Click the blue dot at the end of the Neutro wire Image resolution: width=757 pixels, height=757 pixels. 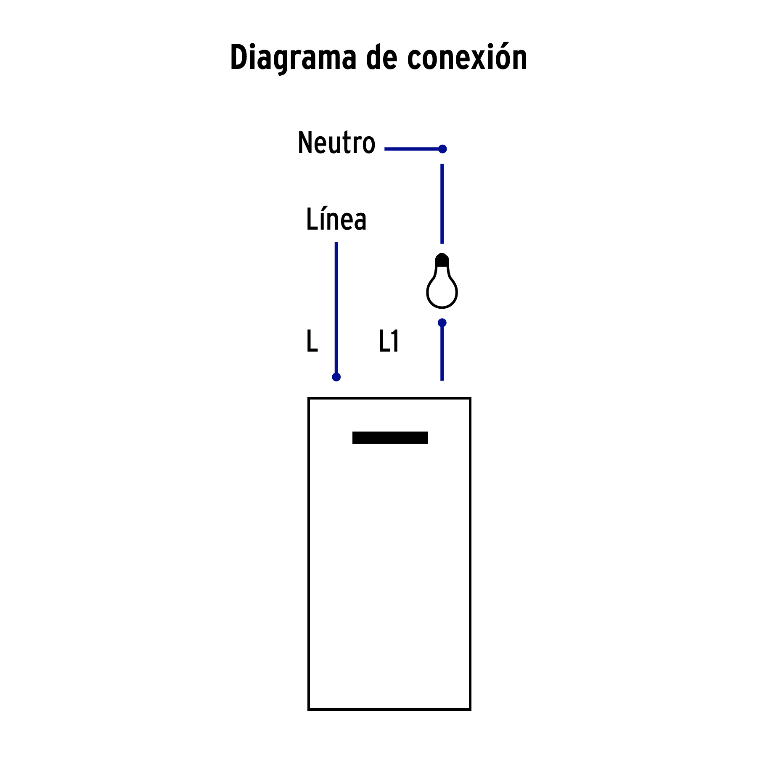tap(442, 149)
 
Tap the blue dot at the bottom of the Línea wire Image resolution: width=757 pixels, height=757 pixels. tap(336, 377)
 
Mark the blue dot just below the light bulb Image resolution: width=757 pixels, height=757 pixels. tap(442, 323)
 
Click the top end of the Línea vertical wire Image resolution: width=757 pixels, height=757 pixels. tap(336, 242)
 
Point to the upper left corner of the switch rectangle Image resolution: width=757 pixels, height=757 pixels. tap(309, 398)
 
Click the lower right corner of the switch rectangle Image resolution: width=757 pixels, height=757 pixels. tap(470, 709)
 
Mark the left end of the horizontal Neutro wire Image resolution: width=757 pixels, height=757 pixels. tap(385, 149)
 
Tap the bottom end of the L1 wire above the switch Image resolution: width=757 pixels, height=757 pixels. tap(442, 380)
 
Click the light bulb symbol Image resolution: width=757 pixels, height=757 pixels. tap(442, 281)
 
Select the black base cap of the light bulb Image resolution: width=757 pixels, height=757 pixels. tap(442, 260)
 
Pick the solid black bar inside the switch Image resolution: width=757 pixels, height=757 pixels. tap(390, 437)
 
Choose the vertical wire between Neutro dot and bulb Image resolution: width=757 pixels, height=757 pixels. tap(442, 204)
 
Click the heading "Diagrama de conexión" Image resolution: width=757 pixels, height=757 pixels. tap(378, 58)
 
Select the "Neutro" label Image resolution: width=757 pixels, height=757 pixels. tap(336, 143)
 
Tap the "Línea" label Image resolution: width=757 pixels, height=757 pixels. tap(336, 218)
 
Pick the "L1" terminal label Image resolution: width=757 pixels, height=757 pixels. tap(389, 341)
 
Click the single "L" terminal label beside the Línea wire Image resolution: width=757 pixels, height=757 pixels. tap(312, 341)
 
